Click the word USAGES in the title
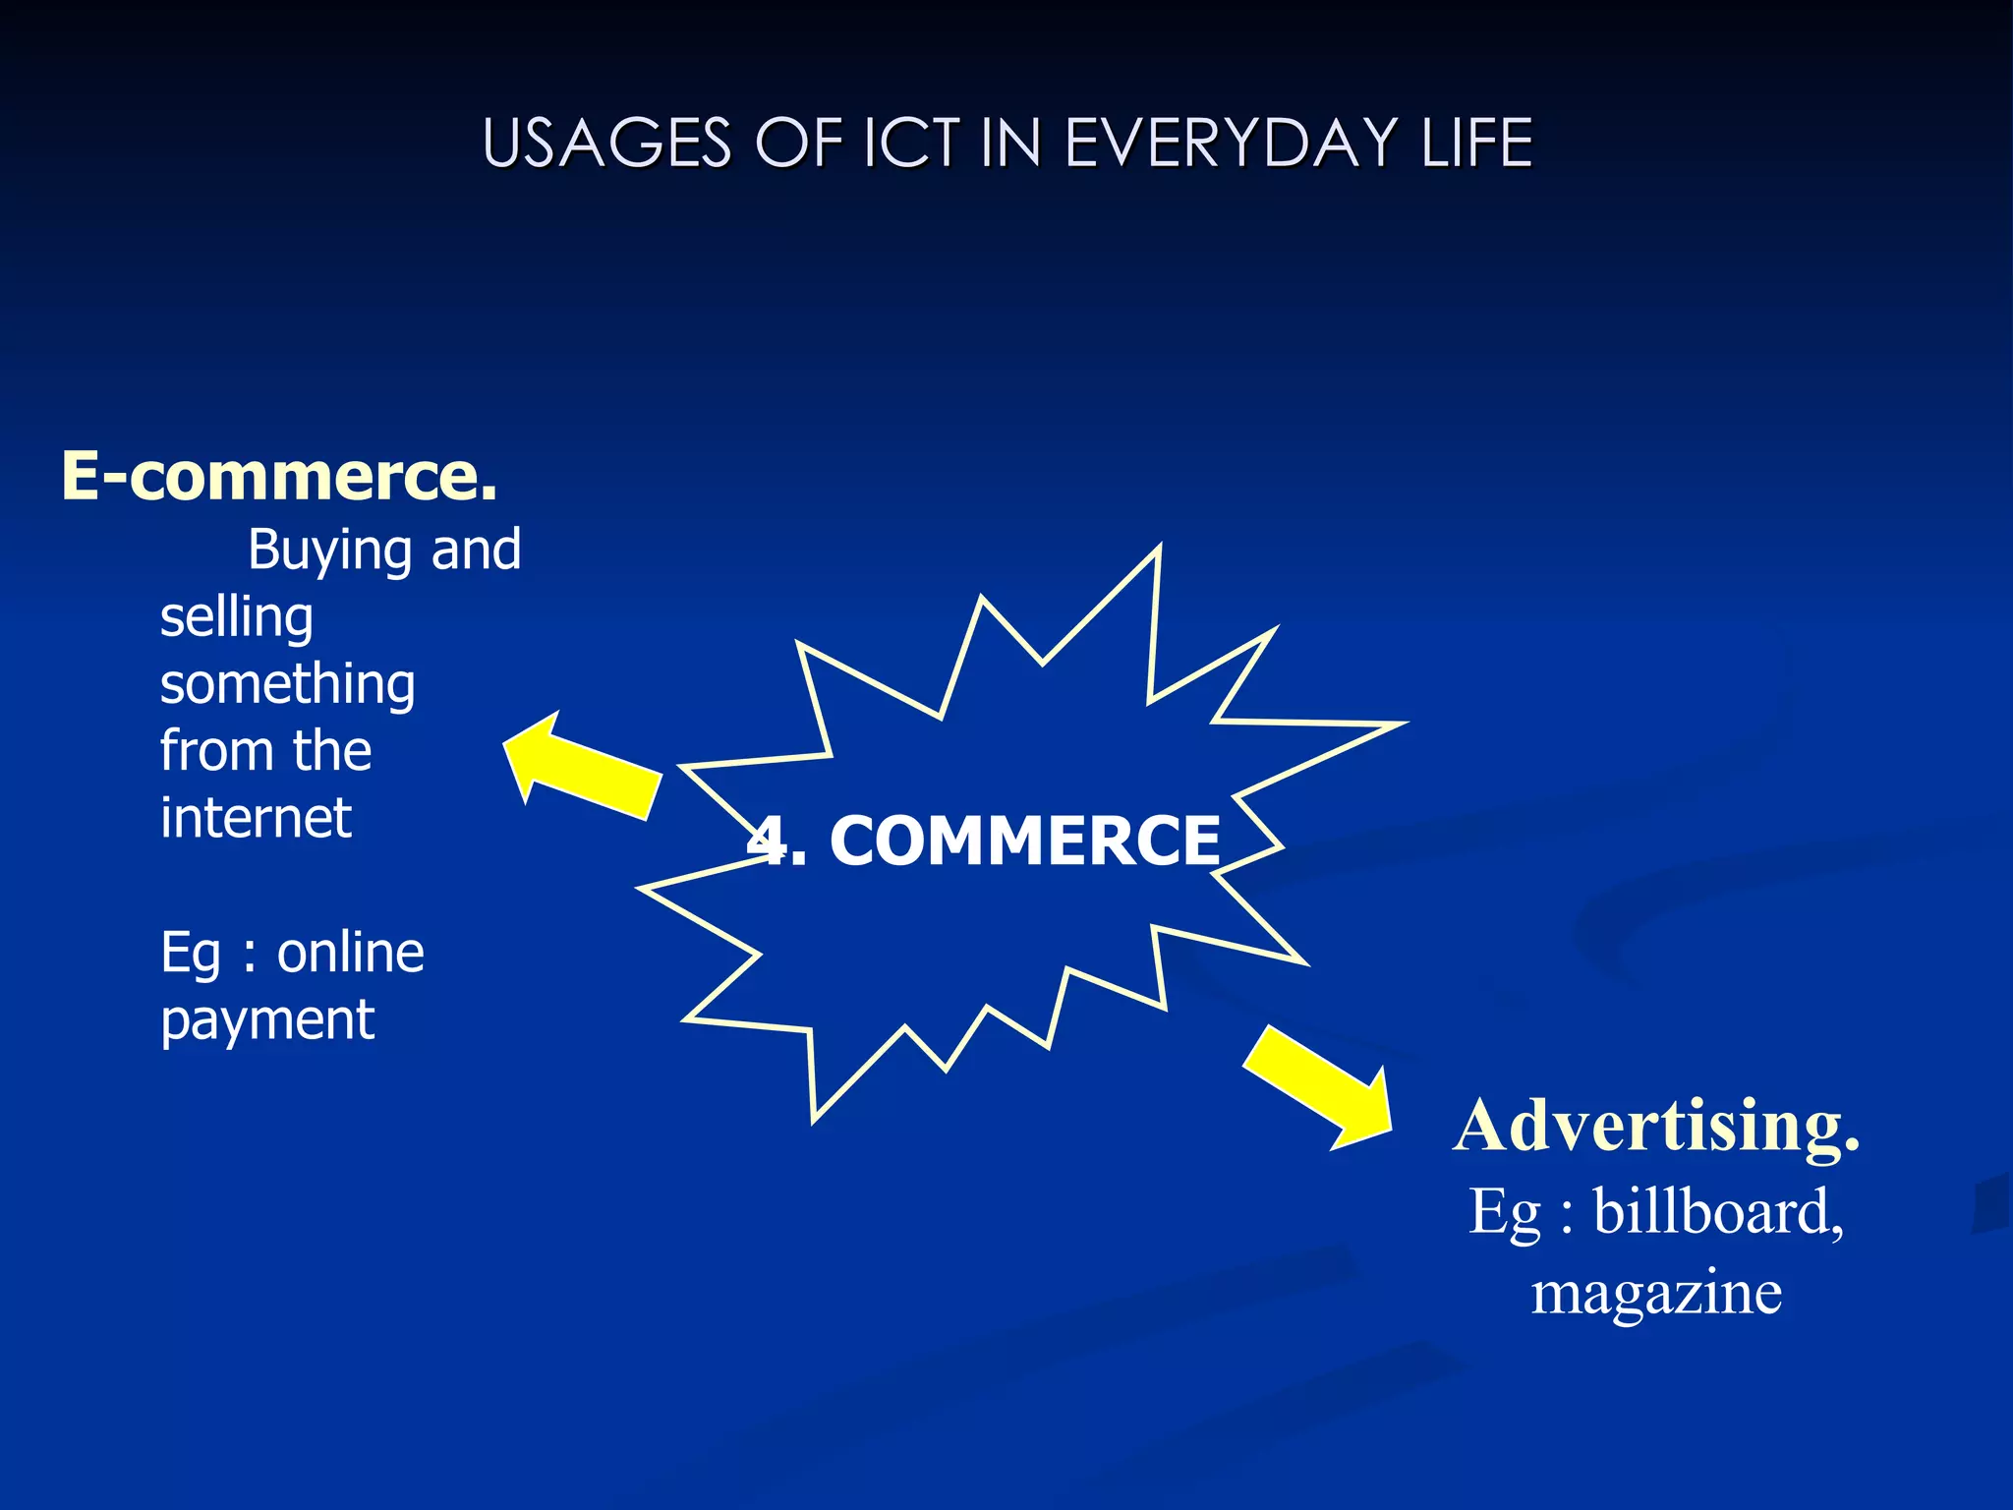(x=606, y=144)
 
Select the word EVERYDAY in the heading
(x=1231, y=144)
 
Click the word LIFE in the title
(x=1477, y=144)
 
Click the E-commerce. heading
(x=279, y=477)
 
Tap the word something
(x=287, y=685)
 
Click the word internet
(x=256, y=818)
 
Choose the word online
(x=350, y=953)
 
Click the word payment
(x=267, y=1021)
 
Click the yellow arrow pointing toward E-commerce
(x=580, y=767)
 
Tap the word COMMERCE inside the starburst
(x=1024, y=842)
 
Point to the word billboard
(x=1718, y=1211)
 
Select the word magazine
(x=1656, y=1293)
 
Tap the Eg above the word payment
(x=190, y=955)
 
